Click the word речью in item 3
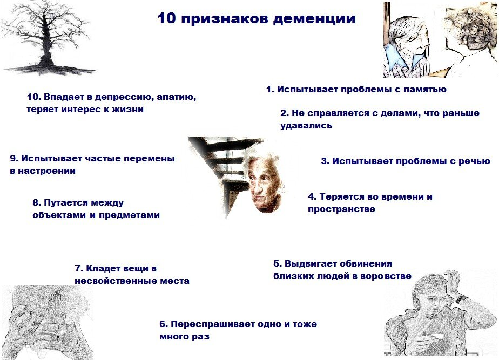click(x=474, y=161)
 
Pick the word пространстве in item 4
click(x=341, y=209)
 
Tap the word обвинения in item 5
click(x=365, y=264)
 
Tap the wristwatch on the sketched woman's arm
click(x=460, y=297)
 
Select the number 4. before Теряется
click(x=312, y=196)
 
